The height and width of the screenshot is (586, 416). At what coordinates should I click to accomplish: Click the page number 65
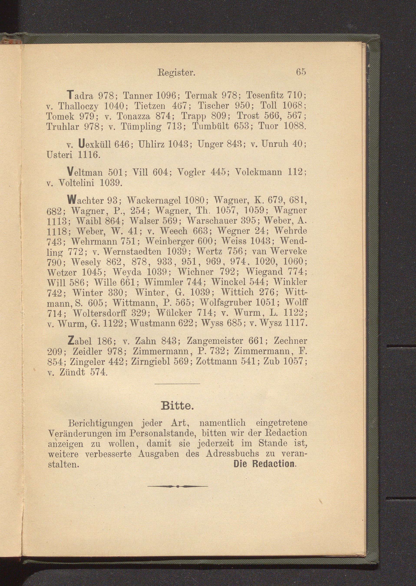click(x=301, y=72)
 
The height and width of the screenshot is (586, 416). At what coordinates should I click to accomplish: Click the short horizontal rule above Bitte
click(x=177, y=384)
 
